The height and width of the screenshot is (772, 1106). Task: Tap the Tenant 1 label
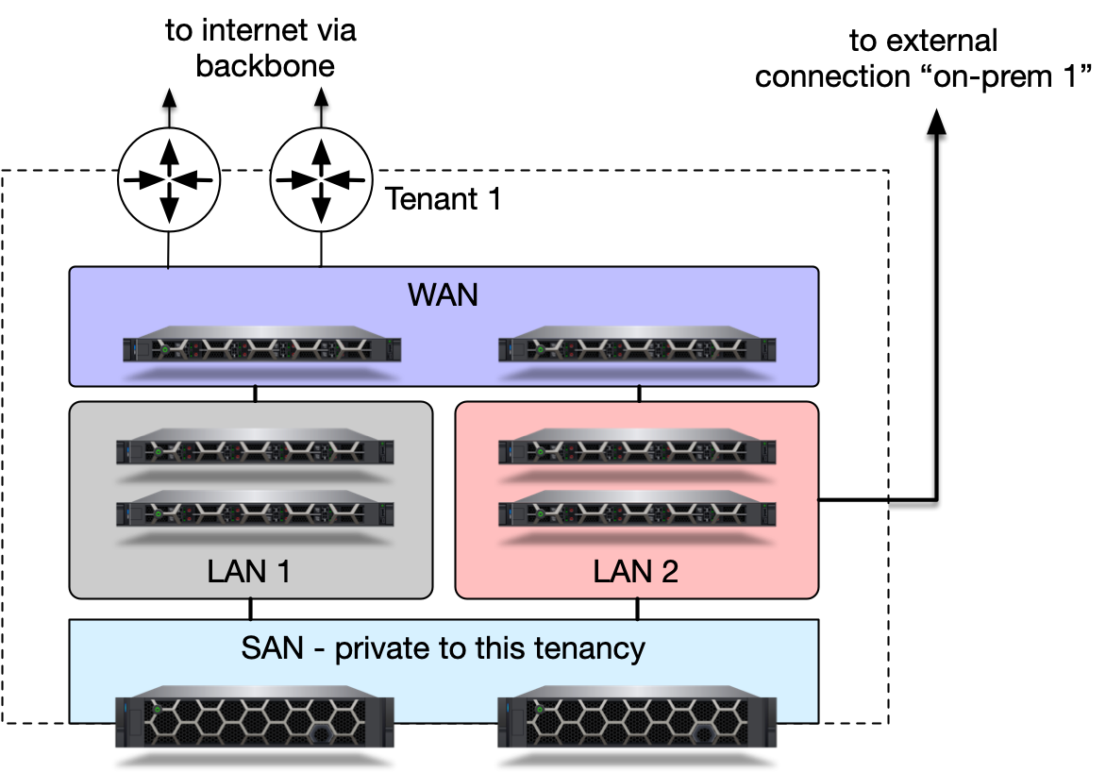444,200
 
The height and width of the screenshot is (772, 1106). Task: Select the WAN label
444,295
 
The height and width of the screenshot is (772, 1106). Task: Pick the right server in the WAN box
638,346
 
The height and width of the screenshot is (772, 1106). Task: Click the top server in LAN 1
255,449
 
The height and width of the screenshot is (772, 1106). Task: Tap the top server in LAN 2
638,449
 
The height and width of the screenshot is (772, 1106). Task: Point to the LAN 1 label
251,571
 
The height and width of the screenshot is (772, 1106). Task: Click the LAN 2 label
635,571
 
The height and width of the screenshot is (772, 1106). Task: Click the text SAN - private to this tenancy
444,648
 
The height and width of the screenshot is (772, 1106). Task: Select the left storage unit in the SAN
255,723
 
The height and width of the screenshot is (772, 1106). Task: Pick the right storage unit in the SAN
638,723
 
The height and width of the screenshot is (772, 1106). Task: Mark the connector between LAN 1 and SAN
251,609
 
